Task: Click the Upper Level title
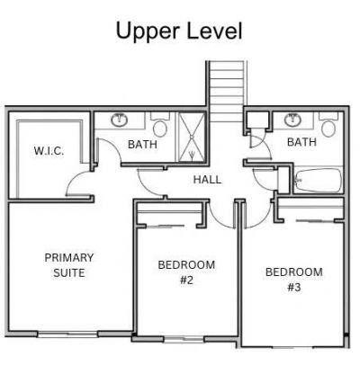179,31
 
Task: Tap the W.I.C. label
49,151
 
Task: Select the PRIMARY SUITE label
69,265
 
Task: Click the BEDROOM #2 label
186,272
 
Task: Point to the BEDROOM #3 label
294,280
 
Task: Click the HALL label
207,180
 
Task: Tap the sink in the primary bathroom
120,120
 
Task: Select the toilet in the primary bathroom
160,125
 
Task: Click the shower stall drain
192,138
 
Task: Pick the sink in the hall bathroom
291,120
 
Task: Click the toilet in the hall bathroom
328,125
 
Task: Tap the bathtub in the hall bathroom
319,181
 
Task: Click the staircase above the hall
226,92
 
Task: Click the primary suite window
68,334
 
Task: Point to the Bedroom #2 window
184,340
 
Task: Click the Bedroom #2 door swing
221,215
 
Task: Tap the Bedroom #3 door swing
258,215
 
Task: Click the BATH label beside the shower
142,145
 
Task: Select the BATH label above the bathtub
301,142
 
